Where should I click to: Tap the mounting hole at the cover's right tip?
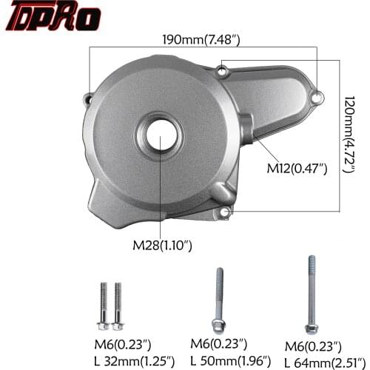[x=317, y=96]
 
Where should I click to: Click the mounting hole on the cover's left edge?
[x=90, y=97]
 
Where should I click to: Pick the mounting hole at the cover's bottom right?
[x=223, y=215]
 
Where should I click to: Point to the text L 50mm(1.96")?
[x=229, y=361]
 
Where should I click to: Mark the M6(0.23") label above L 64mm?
[x=314, y=345]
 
